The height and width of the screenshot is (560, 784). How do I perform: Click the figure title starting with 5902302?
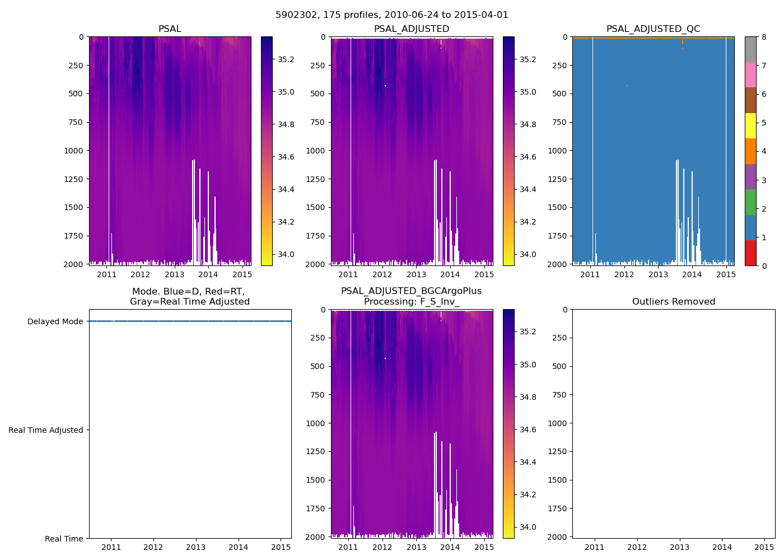(x=392, y=15)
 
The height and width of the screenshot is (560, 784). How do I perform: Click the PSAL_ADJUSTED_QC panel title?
(x=653, y=29)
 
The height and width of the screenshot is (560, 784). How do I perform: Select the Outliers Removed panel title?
(x=674, y=302)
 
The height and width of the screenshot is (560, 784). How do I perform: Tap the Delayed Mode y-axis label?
(x=55, y=321)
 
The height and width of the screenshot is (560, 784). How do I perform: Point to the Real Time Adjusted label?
(x=46, y=430)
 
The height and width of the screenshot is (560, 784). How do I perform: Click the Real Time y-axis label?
(x=64, y=539)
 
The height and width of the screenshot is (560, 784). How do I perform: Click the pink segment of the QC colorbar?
(x=750, y=74)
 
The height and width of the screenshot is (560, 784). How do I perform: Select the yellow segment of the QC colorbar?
(x=750, y=125)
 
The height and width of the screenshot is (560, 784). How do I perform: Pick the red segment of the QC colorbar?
(x=750, y=253)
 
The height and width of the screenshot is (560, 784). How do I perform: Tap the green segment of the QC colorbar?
(x=750, y=202)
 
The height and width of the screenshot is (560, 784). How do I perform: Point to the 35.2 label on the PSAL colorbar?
(x=286, y=59)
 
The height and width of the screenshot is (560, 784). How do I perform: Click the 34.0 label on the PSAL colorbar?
(x=286, y=254)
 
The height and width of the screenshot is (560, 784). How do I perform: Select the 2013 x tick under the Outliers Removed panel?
(x=680, y=547)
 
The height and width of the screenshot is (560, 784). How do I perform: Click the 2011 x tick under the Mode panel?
(x=111, y=547)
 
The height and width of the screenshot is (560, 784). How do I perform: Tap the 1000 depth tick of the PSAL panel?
(x=73, y=151)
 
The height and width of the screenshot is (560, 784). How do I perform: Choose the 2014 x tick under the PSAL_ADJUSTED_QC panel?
(x=692, y=274)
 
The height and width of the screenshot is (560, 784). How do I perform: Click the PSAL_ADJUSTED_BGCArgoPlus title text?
(x=411, y=291)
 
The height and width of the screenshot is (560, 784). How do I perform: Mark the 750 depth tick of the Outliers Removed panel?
(x=559, y=395)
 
